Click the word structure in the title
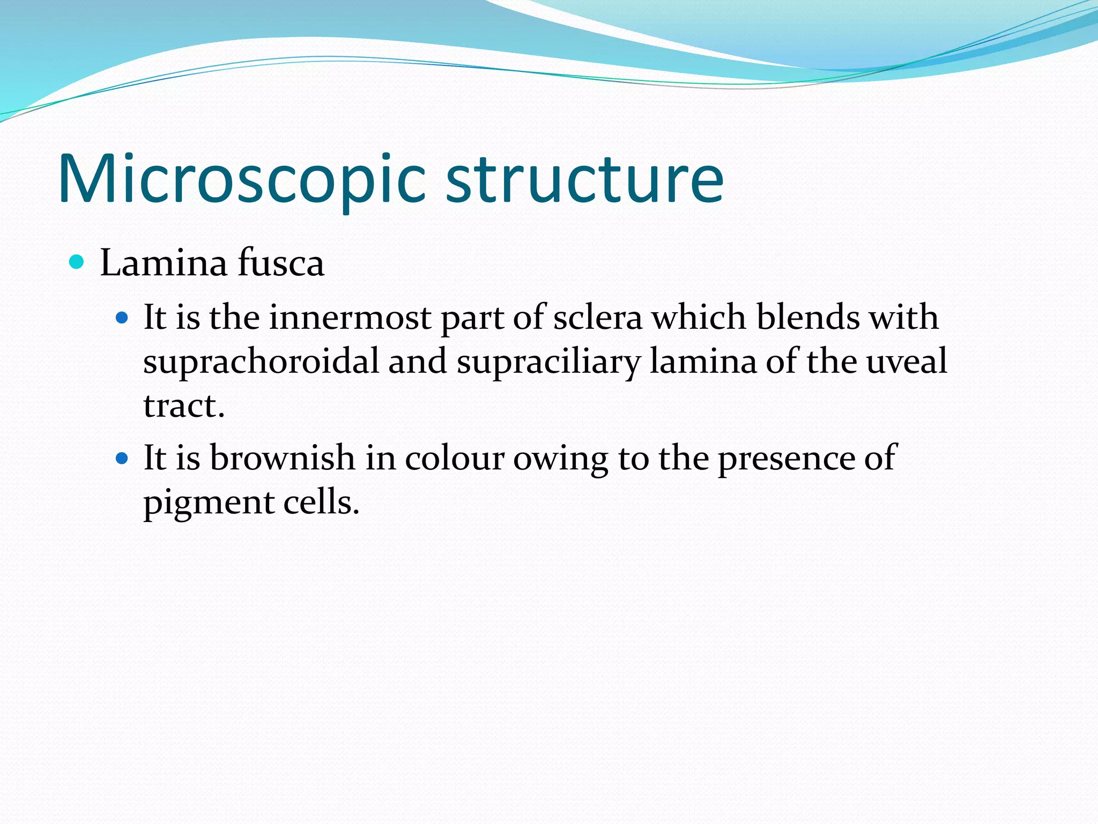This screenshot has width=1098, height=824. [x=584, y=180]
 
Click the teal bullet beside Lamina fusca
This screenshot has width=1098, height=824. [x=77, y=262]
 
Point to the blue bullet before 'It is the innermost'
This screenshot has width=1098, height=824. [x=122, y=318]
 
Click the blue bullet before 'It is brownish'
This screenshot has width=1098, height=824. [x=122, y=459]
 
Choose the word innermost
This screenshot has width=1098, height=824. [x=350, y=318]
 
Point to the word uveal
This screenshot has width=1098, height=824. [x=907, y=361]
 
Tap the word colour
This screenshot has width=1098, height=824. [x=455, y=459]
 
